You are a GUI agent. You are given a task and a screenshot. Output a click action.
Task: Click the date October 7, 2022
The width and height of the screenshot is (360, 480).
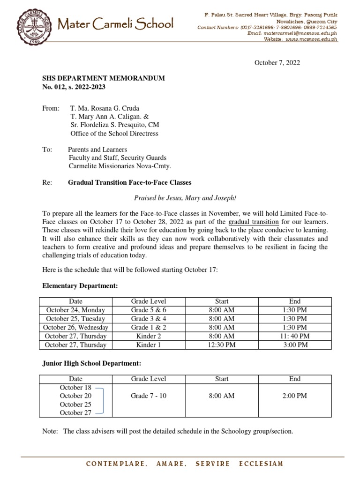(277, 62)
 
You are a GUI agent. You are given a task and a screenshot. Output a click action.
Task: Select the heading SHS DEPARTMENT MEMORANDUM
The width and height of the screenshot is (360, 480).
(104, 78)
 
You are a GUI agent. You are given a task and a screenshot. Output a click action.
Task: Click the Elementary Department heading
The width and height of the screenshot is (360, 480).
(80, 285)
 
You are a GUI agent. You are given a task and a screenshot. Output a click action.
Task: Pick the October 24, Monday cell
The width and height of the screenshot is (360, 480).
(75, 310)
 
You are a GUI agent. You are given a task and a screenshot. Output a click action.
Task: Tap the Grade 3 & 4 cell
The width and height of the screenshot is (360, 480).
(149, 319)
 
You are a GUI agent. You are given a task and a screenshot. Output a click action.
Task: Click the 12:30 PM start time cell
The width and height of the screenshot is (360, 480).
(222, 345)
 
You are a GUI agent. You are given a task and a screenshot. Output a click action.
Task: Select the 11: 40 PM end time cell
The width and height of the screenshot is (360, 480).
(295, 336)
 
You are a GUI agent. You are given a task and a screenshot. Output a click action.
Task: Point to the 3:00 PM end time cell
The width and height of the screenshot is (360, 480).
(295, 345)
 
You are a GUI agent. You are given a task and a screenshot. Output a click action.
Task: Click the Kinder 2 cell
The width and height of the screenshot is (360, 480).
(149, 336)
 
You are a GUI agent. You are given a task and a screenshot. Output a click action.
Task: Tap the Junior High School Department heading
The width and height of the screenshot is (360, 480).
(91, 363)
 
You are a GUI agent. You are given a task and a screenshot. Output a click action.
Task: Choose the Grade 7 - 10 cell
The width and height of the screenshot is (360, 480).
(149, 396)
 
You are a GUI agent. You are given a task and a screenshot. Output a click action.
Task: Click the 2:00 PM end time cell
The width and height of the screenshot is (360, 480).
(295, 396)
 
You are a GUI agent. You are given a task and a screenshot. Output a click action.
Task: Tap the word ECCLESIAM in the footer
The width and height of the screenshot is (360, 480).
(261, 464)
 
